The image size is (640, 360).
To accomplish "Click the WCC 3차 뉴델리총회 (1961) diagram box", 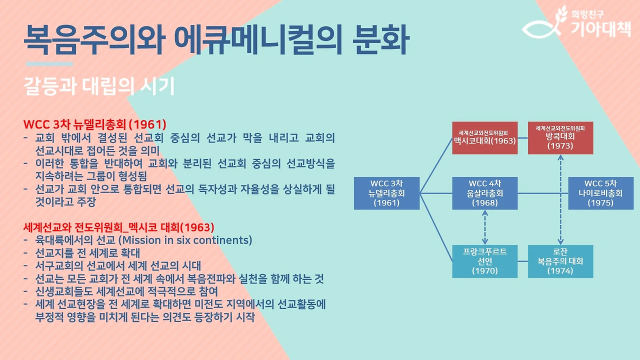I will [386, 192].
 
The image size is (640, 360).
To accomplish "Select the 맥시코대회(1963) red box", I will [484, 137].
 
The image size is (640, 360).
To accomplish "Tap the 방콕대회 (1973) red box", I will [560, 137].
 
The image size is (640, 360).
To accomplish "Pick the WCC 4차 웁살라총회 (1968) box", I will [484, 192].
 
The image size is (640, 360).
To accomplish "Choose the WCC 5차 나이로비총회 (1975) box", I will [600, 192].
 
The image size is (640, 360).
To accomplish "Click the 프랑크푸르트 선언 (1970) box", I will [484, 261].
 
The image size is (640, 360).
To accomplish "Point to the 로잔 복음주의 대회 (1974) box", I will [560, 261].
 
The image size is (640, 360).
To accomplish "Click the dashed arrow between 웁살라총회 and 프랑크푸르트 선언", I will [484, 227].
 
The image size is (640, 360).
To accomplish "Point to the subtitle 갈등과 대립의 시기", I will [99, 86].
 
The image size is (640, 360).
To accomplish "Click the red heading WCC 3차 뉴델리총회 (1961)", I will [94, 123].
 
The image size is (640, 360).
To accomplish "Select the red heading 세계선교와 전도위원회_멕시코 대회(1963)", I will [118, 226].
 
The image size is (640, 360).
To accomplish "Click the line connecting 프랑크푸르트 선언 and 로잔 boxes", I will [522, 261].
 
